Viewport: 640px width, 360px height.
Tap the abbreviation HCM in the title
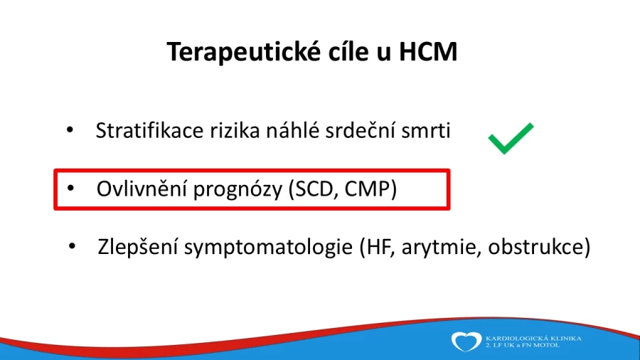(x=428, y=51)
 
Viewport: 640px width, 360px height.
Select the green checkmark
(x=511, y=138)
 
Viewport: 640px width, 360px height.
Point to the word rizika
(x=235, y=131)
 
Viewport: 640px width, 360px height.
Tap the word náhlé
(x=292, y=131)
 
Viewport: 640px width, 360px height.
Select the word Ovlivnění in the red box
(x=142, y=189)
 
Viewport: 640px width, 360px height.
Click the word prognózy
(x=238, y=190)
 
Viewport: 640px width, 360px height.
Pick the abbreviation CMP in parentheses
(x=368, y=189)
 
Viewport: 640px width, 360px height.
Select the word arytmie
(x=438, y=248)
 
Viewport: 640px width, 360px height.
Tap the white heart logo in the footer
(x=466, y=342)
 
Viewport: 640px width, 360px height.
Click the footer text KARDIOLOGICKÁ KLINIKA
(x=533, y=339)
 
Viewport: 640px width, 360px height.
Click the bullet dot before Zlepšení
(x=73, y=246)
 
